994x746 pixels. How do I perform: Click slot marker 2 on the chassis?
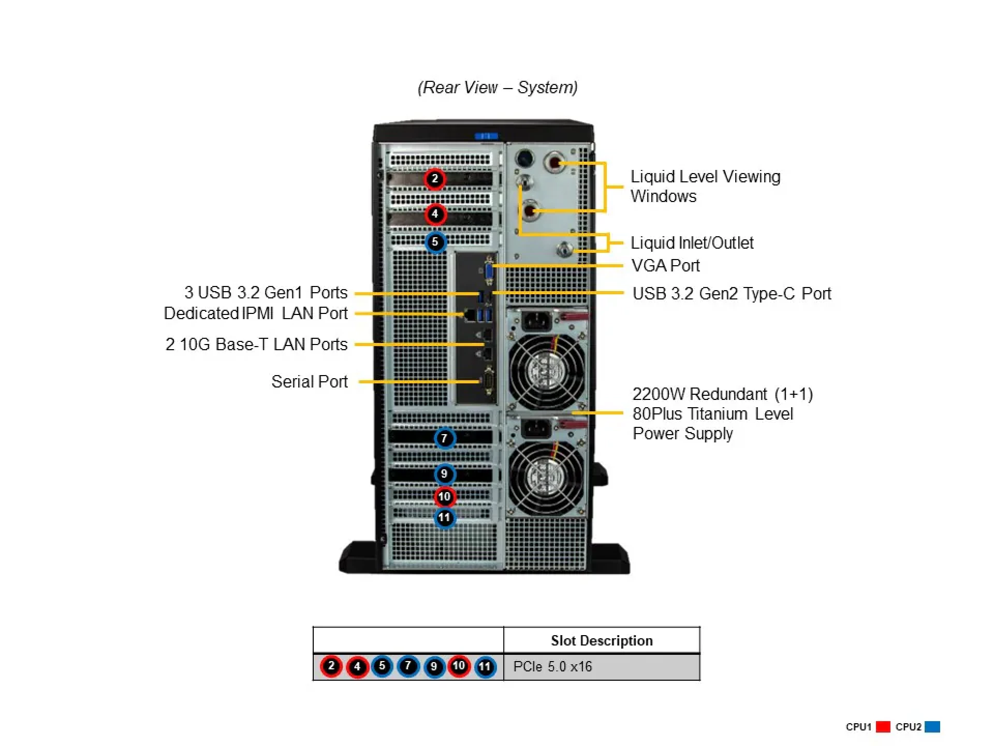click(435, 179)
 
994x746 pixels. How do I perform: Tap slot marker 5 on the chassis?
click(435, 242)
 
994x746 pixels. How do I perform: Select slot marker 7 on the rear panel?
click(444, 438)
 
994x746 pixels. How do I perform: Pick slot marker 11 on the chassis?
click(444, 518)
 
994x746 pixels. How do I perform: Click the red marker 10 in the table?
click(459, 666)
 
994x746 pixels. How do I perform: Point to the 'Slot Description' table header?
click(601, 640)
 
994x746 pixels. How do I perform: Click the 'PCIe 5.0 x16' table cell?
click(552, 667)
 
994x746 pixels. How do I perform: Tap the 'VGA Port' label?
click(665, 266)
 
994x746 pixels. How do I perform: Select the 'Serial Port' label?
click(309, 382)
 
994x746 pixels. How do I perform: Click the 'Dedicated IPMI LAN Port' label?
click(256, 313)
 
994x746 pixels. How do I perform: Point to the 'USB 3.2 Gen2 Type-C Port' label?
click(732, 294)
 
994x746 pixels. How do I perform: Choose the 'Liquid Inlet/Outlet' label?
click(692, 243)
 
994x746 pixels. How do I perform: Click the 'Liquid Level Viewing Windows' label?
click(705, 187)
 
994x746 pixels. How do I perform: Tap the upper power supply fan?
click(547, 371)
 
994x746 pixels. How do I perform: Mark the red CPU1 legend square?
click(883, 727)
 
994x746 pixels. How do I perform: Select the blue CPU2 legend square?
click(932, 727)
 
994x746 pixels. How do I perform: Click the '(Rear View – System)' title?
click(498, 88)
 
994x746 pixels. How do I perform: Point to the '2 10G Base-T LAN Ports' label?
click(256, 345)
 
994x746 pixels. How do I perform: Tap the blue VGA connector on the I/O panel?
click(489, 271)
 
